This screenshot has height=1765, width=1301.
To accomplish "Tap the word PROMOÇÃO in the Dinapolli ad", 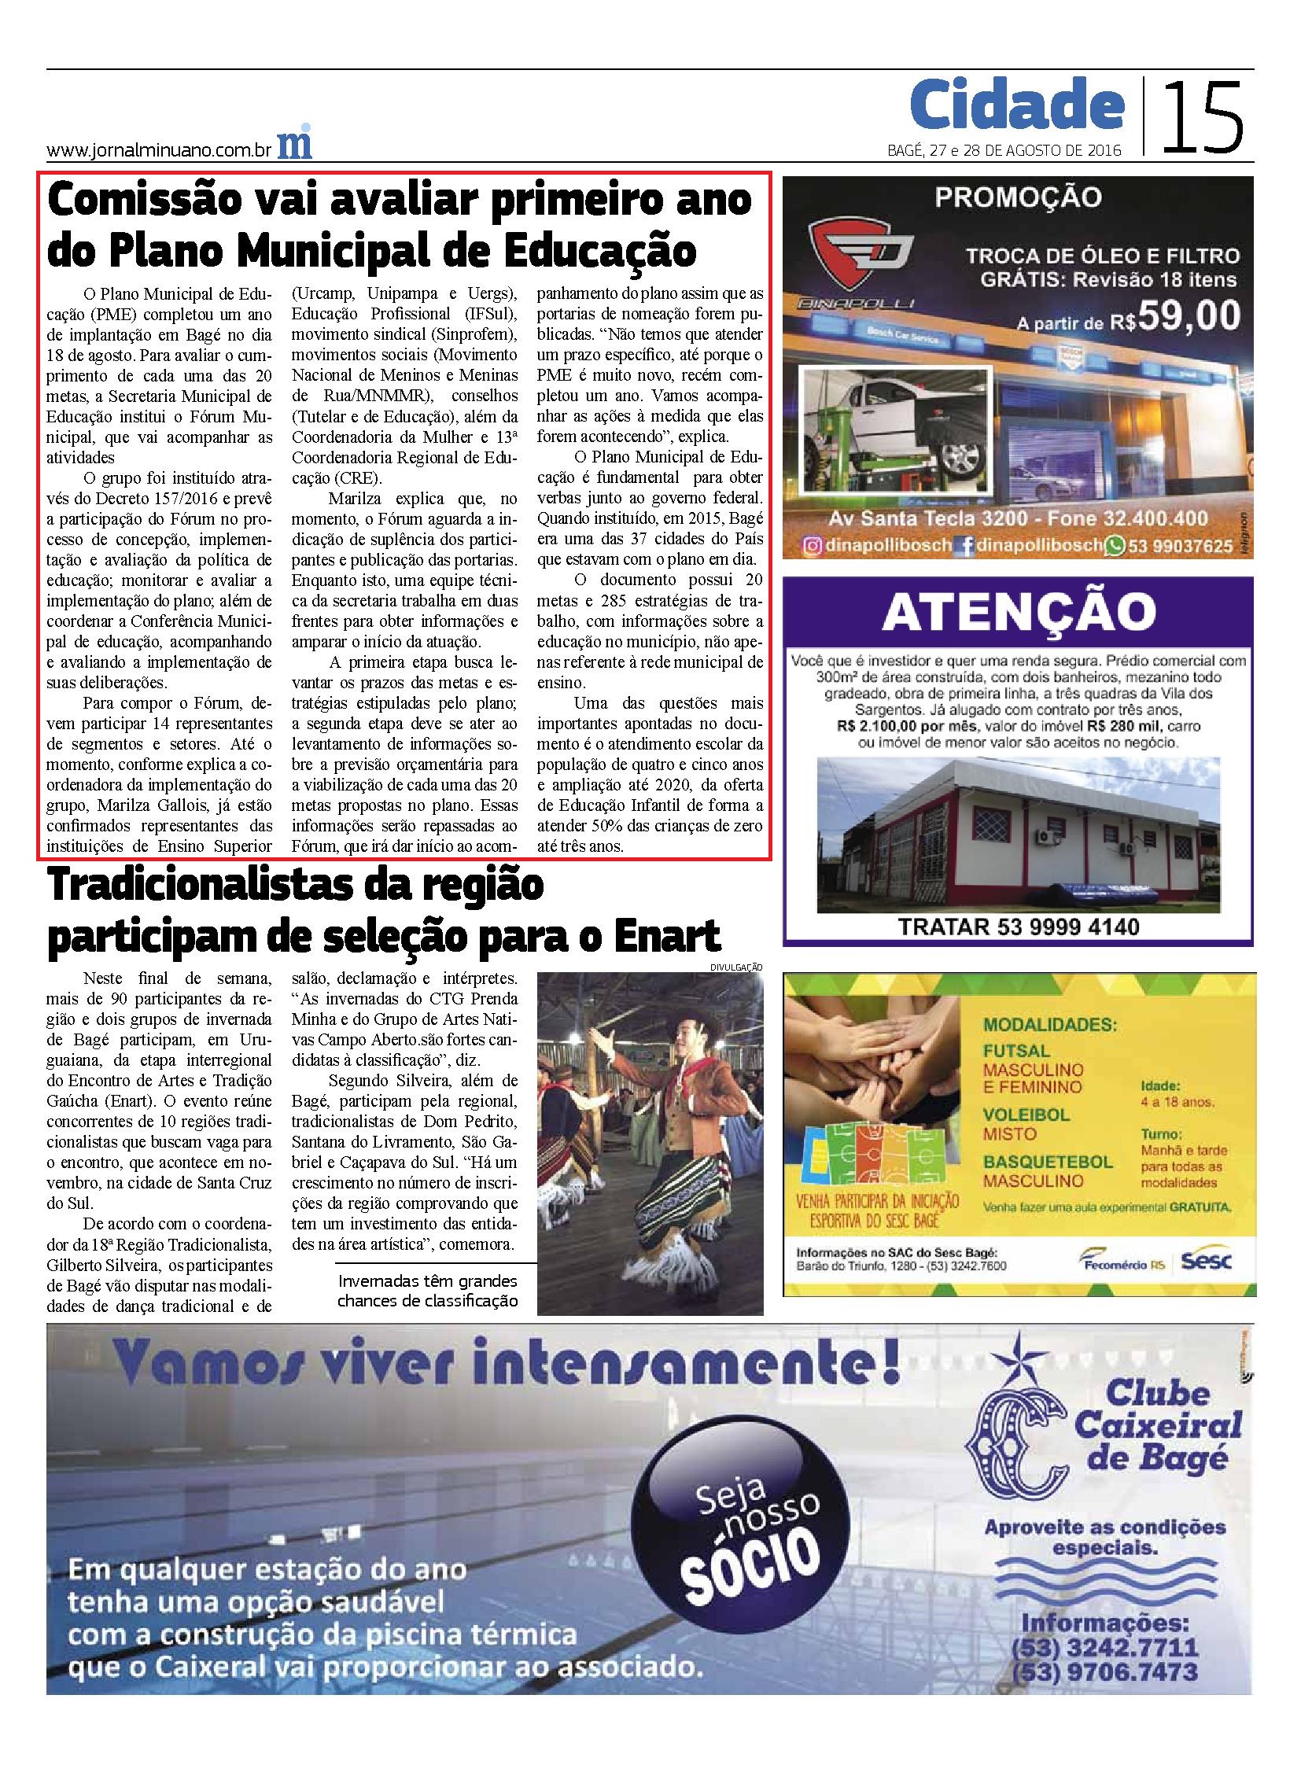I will click(x=1018, y=197).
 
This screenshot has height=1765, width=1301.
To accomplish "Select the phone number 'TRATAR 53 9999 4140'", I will click(x=1019, y=927).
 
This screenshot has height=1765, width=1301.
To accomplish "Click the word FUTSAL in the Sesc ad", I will click(x=1017, y=1051).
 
